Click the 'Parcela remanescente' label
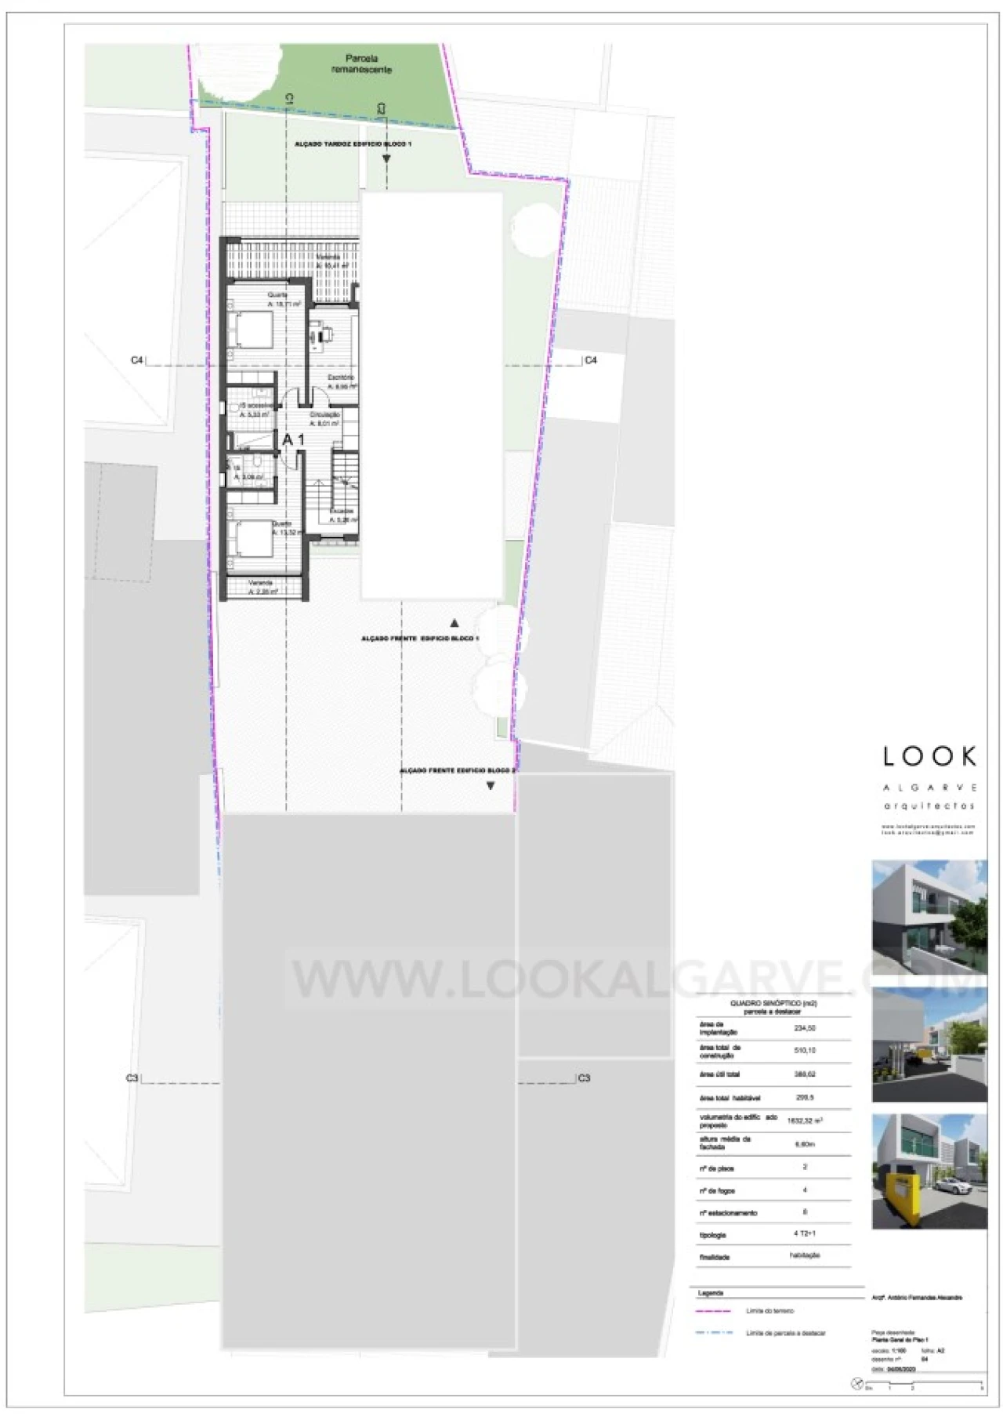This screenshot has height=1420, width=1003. [361, 63]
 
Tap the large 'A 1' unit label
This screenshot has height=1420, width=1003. [293, 440]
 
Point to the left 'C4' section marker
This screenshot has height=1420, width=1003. [137, 360]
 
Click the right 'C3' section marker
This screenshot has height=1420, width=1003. [584, 1078]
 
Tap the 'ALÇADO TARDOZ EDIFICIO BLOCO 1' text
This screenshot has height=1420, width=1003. [353, 144]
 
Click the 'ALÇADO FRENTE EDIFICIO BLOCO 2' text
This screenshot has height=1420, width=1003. [458, 771]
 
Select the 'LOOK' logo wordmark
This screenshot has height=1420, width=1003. [929, 756]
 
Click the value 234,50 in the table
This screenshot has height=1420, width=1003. [805, 1028]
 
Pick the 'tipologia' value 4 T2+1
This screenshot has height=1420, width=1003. [805, 1233]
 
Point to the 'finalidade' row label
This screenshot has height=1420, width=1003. [714, 1257]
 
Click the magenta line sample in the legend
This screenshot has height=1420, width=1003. [713, 1310]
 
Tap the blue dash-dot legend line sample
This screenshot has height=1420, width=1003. [713, 1332]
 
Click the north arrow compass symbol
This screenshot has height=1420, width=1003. [856, 1385]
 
